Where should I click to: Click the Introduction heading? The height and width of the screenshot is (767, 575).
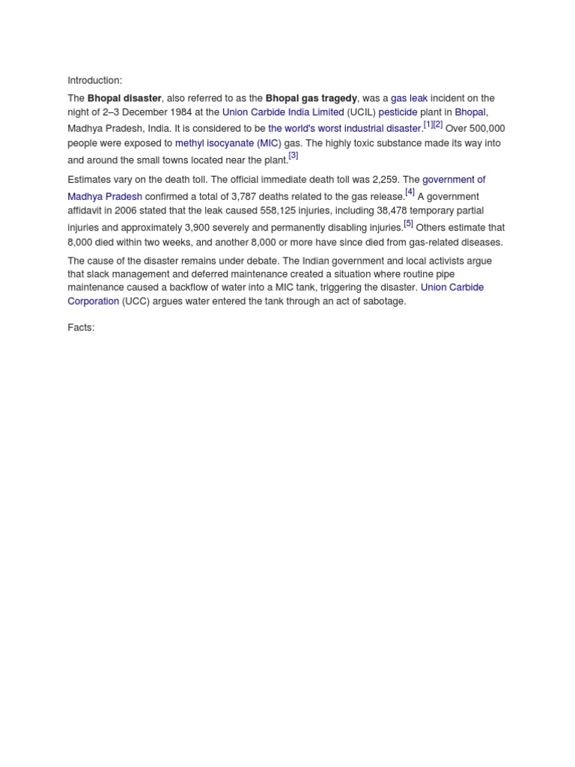click(94, 81)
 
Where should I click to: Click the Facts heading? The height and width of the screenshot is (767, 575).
click(81, 328)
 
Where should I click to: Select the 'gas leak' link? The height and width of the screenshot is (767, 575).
click(409, 98)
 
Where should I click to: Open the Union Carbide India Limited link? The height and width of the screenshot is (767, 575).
click(283, 112)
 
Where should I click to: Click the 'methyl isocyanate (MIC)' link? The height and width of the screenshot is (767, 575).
click(228, 143)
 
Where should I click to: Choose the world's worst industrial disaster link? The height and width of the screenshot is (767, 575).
click(344, 129)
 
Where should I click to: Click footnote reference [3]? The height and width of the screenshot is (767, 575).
click(293, 156)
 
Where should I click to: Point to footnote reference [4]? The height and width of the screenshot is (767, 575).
click(410, 192)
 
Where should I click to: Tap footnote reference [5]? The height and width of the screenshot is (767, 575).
click(408, 223)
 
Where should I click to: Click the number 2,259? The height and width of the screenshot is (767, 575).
click(383, 180)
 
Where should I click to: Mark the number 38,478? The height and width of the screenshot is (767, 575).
click(403, 211)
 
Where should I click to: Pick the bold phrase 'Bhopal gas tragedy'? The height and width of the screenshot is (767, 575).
click(311, 98)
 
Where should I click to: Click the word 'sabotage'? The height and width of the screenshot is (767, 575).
click(383, 302)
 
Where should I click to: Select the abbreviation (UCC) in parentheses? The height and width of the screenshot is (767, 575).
click(136, 302)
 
